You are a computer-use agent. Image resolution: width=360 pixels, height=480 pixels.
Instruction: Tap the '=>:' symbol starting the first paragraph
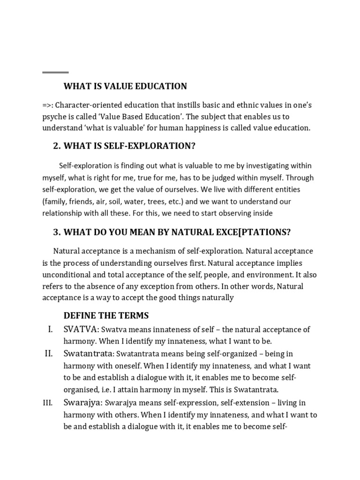coord(48,105)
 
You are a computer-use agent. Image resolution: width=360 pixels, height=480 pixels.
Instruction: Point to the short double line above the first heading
coord(55,73)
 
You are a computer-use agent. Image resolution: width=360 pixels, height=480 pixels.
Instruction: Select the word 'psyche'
coord(54,117)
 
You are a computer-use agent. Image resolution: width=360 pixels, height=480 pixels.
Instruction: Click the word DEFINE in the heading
coord(78,315)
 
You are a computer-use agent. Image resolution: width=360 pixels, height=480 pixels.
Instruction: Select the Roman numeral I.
coord(50,330)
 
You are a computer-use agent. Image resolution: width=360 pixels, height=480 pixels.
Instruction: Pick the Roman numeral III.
coord(49,403)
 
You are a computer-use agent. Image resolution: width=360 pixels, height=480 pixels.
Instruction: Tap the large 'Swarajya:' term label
coord(83,403)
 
